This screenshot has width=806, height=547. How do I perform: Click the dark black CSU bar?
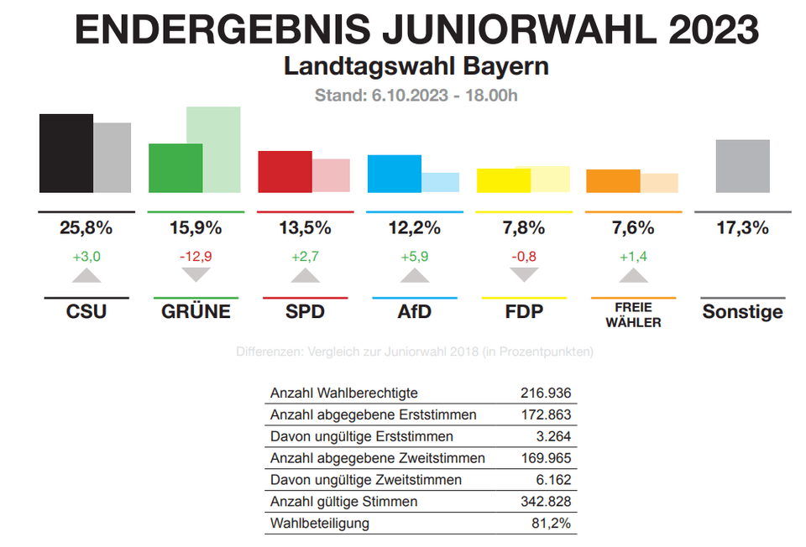click(65, 154)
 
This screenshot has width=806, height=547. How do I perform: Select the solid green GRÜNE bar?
click(175, 169)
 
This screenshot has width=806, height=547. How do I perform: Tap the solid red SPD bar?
click(285, 172)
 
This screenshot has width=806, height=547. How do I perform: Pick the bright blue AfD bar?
click(394, 174)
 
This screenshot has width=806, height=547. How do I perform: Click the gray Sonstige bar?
click(742, 166)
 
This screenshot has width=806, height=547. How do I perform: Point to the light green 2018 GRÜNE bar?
click(214, 149)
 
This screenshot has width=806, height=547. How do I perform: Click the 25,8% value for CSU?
click(86, 227)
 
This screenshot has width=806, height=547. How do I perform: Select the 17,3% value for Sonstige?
click(742, 227)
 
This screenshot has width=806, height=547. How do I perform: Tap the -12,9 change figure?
click(196, 256)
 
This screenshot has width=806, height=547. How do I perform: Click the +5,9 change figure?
click(414, 256)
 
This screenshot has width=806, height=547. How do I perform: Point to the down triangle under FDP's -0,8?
click(524, 274)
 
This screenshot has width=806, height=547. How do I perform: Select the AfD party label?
click(414, 312)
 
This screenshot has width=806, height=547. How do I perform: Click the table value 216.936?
click(546, 393)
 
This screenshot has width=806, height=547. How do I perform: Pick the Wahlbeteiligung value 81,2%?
click(552, 524)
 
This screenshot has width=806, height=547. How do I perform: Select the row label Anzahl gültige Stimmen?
click(343, 502)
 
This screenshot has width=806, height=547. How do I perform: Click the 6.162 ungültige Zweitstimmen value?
click(553, 480)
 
